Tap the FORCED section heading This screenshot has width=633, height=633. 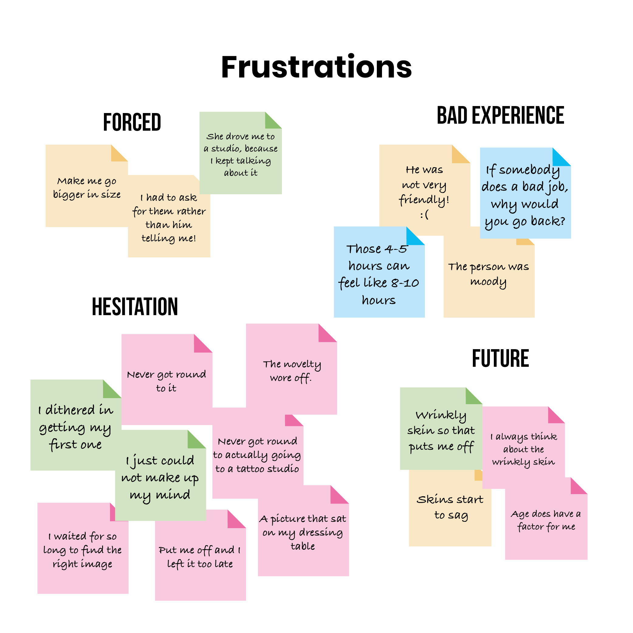(132, 122)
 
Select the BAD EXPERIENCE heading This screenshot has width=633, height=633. (500, 115)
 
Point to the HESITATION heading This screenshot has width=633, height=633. (135, 307)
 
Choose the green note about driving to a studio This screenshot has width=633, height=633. (240, 154)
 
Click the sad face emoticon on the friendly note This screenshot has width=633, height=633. (424, 215)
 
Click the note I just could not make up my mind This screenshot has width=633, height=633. (160, 478)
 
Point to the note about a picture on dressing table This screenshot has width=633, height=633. (303, 532)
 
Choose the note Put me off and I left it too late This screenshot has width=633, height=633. (200, 557)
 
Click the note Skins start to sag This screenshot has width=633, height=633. (450, 507)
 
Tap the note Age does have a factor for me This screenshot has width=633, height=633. (546, 520)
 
